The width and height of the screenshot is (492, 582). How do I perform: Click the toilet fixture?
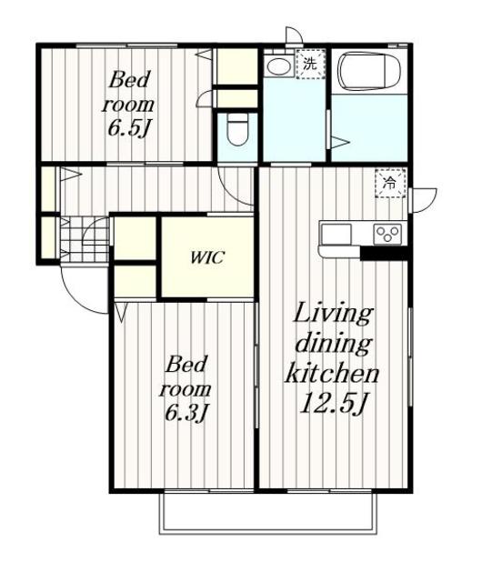pyautogui.click(x=236, y=130)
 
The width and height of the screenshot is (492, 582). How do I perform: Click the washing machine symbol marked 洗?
pyautogui.click(x=310, y=64)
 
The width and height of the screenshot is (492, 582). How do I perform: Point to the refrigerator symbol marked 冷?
pyautogui.click(x=390, y=183)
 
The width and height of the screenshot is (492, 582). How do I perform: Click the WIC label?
pyautogui.click(x=207, y=257)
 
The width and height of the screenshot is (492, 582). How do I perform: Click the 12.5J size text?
pyautogui.click(x=333, y=404)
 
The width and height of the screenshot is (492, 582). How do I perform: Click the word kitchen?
pyautogui.click(x=332, y=373)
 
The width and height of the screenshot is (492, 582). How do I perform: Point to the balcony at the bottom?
pyautogui.click(x=268, y=513)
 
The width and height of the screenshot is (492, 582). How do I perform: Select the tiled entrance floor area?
pyautogui.click(x=85, y=239)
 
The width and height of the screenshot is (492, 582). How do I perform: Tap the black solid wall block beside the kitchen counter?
pyautogui.click(x=384, y=253)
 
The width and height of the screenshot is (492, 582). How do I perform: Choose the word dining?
pyautogui.click(x=333, y=344)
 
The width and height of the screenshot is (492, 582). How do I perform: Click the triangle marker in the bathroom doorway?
pyautogui.click(x=340, y=142)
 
